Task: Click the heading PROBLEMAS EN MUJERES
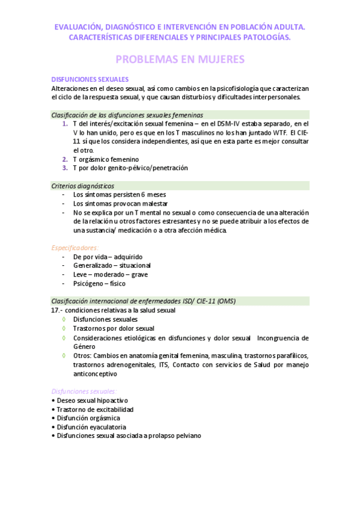[x=180, y=60]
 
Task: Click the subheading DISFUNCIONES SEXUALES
[x=90, y=79]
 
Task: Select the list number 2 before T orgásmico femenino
[x=65, y=159]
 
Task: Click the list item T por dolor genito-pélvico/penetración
[x=130, y=168]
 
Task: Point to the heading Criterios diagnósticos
[x=83, y=186]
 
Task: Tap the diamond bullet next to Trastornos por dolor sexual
[x=64, y=328]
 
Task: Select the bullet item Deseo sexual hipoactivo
[x=91, y=401]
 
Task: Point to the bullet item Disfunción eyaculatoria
[x=89, y=427]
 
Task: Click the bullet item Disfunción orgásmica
[x=88, y=418]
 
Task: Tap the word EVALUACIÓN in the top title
[x=79, y=26]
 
